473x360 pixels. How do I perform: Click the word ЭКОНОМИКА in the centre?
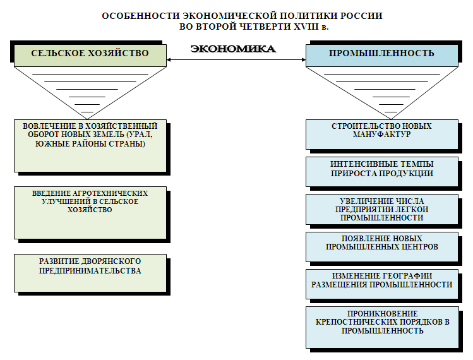tap(233, 49)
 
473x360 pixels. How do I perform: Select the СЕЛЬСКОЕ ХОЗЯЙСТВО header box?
tap(90, 53)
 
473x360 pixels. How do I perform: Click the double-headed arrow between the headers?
tap(236, 61)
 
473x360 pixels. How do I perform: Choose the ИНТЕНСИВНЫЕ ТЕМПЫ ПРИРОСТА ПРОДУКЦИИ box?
tap(381, 169)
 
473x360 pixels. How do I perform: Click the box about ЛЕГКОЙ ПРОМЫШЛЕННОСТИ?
tap(381, 208)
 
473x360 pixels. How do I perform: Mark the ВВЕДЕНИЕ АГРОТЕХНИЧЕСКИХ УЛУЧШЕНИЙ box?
tap(90, 212)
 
